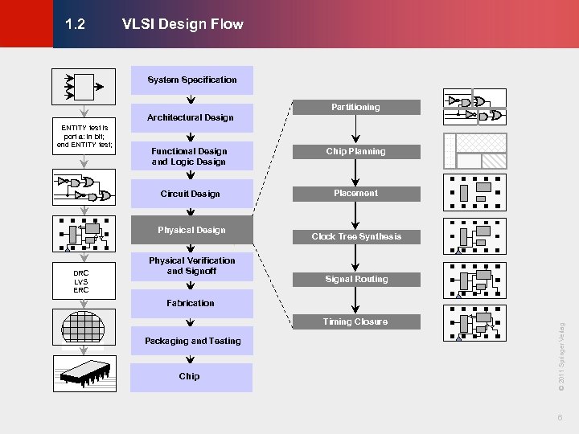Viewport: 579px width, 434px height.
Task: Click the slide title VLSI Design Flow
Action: (x=183, y=24)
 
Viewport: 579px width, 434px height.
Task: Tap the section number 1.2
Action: (x=76, y=24)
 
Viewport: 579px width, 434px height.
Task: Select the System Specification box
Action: (x=191, y=80)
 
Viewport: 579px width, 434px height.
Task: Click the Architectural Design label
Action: (x=191, y=117)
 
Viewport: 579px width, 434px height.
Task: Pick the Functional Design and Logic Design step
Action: (x=190, y=156)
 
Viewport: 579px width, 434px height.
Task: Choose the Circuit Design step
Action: (x=190, y=194)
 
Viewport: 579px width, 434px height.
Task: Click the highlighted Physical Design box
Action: (x=191, y=230)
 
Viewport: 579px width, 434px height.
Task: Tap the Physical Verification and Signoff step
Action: (x=191, y=265)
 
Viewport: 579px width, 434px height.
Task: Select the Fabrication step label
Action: (x=191, y=303)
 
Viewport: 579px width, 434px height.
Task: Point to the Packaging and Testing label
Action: (x=192, y=341)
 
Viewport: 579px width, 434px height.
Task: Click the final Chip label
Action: (x=190, y=376)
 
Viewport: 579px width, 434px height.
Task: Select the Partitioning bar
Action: (x=355, y=107)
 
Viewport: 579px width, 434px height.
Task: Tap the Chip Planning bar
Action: (x=355, y=151)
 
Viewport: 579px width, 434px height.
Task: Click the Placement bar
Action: (x=355, y=193)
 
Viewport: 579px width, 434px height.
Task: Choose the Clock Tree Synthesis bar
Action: (x=355, y=236)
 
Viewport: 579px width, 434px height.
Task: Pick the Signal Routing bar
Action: (x=355, y=279)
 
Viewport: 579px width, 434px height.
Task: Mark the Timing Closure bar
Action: (x=355, y=321)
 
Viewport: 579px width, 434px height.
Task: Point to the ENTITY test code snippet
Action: (x=87, y=137)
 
